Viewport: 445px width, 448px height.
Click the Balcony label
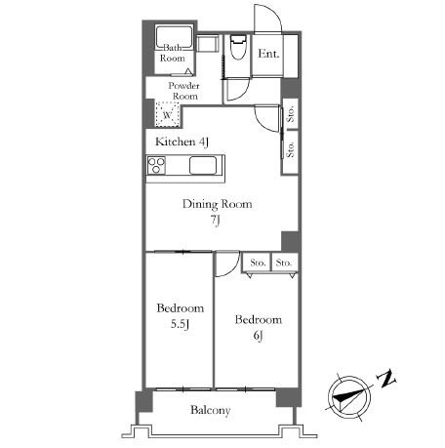click(211, 410)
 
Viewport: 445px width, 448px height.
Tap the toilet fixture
click(239, 47)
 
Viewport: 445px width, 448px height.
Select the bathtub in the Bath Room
click(174, 37)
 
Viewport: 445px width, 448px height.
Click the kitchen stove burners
click(156, 165)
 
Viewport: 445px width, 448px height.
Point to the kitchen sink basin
click(203, 166)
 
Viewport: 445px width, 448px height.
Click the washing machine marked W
click(167, 114)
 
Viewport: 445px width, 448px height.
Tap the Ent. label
click(268, 54)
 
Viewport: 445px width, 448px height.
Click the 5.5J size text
click(181, 324)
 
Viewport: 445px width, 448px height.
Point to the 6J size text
click(258, 336)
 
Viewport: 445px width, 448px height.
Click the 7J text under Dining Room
click(215, 220)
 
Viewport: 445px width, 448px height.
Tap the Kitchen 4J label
click(182, 142)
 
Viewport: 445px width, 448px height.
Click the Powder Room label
click(184, 91)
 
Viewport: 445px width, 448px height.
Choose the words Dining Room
click(218, 204)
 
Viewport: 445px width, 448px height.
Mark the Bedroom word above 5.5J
click(181, 308)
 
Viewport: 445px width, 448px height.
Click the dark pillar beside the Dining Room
click(290, 241)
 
